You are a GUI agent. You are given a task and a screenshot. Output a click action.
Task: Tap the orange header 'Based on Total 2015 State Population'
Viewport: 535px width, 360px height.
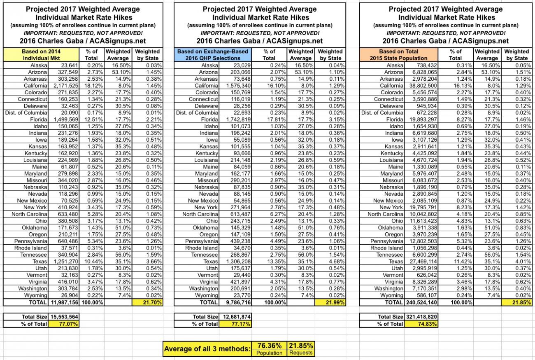[399, 55]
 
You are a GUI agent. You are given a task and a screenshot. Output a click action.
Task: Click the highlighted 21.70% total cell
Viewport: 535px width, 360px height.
[147, 302]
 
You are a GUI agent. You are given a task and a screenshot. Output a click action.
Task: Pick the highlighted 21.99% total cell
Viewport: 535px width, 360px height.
[330, 302]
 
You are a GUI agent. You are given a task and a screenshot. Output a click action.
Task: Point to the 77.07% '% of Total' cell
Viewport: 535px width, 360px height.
[64, 324]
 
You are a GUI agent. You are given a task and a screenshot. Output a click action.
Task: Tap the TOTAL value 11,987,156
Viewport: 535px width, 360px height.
[64, 302]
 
